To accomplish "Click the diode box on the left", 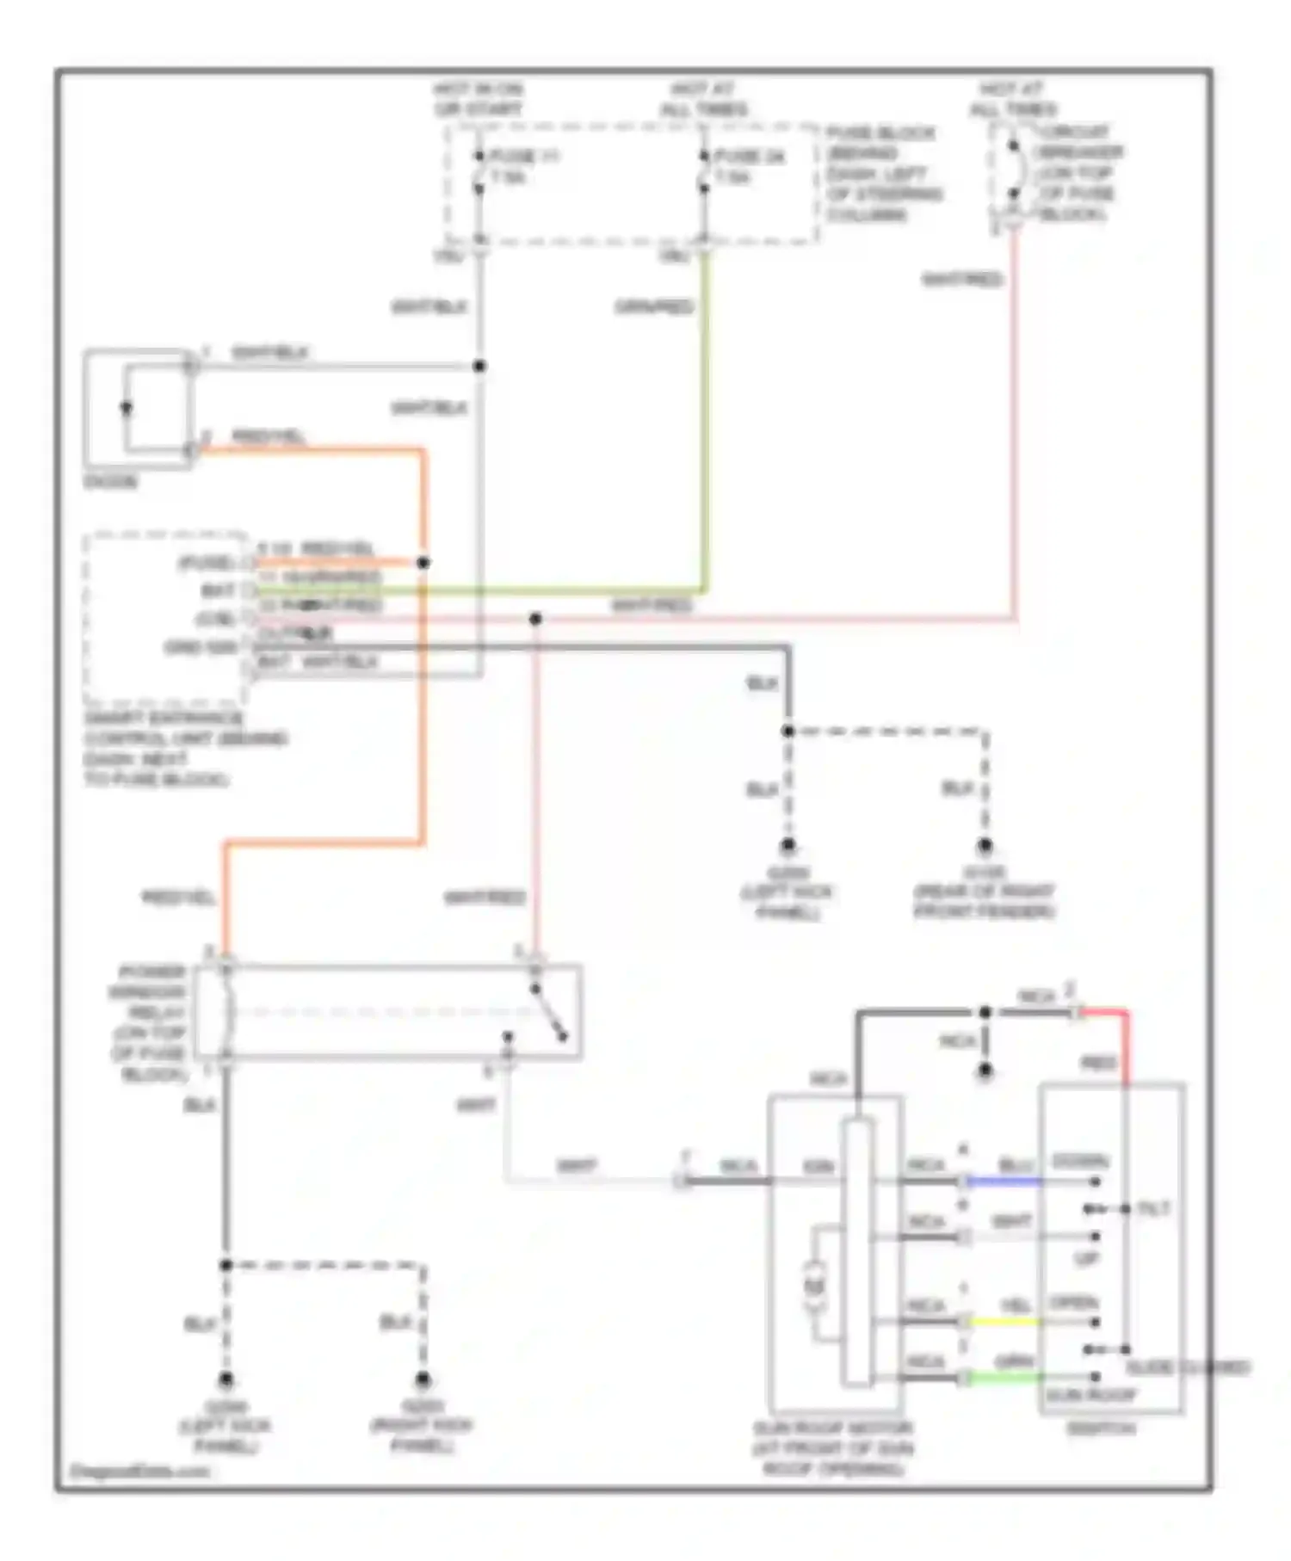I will pos(138,409).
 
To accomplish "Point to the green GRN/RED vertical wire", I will pos(706,430).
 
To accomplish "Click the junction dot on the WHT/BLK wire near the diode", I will pos(479,367).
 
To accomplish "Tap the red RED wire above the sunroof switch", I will pos(1124,1046).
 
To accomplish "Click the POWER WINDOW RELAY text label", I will pos(150,1022).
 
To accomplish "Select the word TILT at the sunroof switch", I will pos(1153,1209).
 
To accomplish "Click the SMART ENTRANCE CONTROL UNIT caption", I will pos(184,749).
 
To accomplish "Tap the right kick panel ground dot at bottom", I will pos(423,1380).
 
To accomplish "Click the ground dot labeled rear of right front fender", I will pos(985,846).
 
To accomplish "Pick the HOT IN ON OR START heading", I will pos(479,99).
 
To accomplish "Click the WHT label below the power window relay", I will pos(476,1106).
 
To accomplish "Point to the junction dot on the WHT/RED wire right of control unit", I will pos(535,619).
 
